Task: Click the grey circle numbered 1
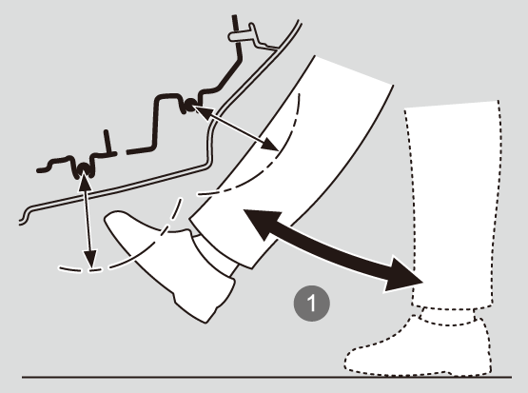click(312, 304)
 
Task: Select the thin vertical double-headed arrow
click(88, 220)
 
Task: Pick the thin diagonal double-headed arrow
click(236, 128)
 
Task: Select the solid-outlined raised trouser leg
click(289, 162)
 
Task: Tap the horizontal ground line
click(266, 377)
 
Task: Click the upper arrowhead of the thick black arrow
click(261, 223)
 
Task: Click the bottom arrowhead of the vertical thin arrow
click(90, 260)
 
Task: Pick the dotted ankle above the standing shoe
click(448, 316)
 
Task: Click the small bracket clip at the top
click(251, 35)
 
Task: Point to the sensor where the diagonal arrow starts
click(189, 105)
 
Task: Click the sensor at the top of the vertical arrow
click(83, 169)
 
